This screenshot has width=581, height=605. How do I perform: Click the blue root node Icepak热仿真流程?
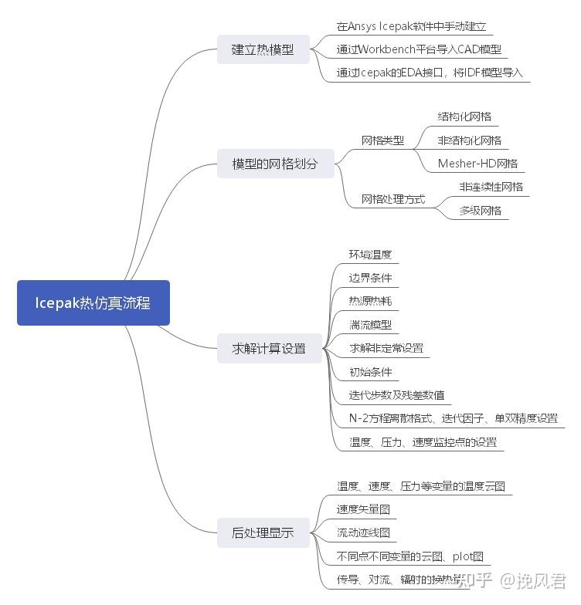tap(93, 302)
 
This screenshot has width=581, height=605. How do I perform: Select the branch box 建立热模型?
tap(263, 49)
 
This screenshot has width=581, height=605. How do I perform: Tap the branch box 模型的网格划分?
tap(275, 164)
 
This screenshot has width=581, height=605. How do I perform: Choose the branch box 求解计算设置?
tap(269, 348)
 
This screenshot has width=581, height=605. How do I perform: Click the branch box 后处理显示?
tap(263, 532)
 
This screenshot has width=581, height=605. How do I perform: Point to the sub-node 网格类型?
tap(382, 140)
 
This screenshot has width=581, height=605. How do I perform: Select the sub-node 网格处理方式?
tap(393, 199)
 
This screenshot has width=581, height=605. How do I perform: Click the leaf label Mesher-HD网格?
tap(477, 164)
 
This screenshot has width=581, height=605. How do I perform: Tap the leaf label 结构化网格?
tap(464, 117)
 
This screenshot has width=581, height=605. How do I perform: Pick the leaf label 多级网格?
tap(480, 210)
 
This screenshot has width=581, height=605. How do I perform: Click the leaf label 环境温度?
tap(370, 255)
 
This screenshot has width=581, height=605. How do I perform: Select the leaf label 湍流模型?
tap(370, 325)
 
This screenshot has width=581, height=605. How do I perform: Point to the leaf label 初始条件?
tap(370, 372)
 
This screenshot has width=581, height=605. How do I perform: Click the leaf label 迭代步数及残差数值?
tap(396, 395)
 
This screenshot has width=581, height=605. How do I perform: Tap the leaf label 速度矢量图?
tap(363, 509)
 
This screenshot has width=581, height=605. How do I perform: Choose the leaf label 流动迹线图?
tap(363, 532)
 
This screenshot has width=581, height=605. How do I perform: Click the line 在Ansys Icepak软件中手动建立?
tap(411, 26)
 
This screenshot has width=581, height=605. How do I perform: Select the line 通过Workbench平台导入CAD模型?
tap(419, 49)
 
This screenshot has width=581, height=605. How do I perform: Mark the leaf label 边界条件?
tap(370, 278)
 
